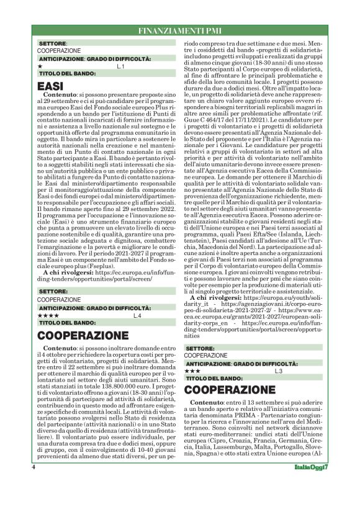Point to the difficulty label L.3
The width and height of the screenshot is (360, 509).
pyautogui.click(x=279, y=371)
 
